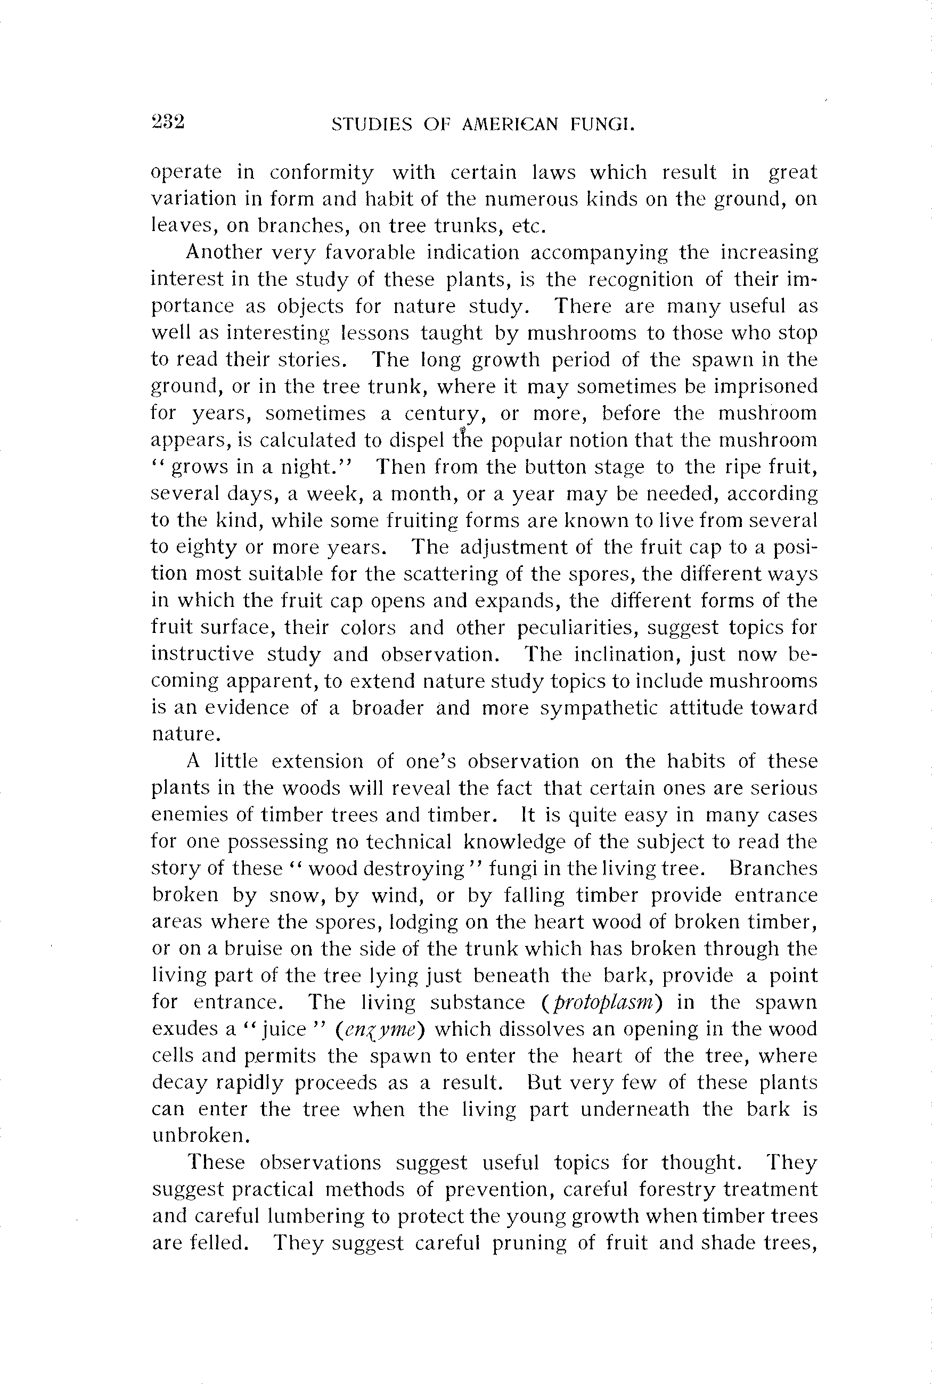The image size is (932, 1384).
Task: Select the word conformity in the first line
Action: pos(322,173)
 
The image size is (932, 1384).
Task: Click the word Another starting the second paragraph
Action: pos(223,252)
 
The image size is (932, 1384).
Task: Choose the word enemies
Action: pos(187,814)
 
